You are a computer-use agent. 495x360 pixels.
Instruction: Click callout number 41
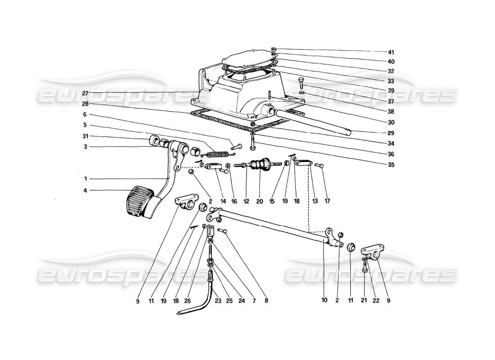(x=391, y=52)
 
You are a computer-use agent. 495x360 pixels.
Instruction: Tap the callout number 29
(x=391, y=134)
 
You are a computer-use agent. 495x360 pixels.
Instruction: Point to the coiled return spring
(x=212, y=153)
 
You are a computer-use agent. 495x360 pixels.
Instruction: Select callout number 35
(x=391, y=165)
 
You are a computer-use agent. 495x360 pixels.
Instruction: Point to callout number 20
(x=260, y=202)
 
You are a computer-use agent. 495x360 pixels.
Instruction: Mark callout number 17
(x=327, y=202)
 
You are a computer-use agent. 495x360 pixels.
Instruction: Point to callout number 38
(x=391, y=112)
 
